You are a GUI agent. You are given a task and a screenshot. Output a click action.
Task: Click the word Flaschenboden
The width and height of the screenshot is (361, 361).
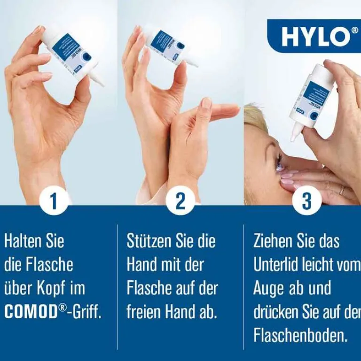click(300, 336)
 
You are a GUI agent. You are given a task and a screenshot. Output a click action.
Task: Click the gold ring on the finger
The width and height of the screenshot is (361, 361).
click(342, 190)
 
